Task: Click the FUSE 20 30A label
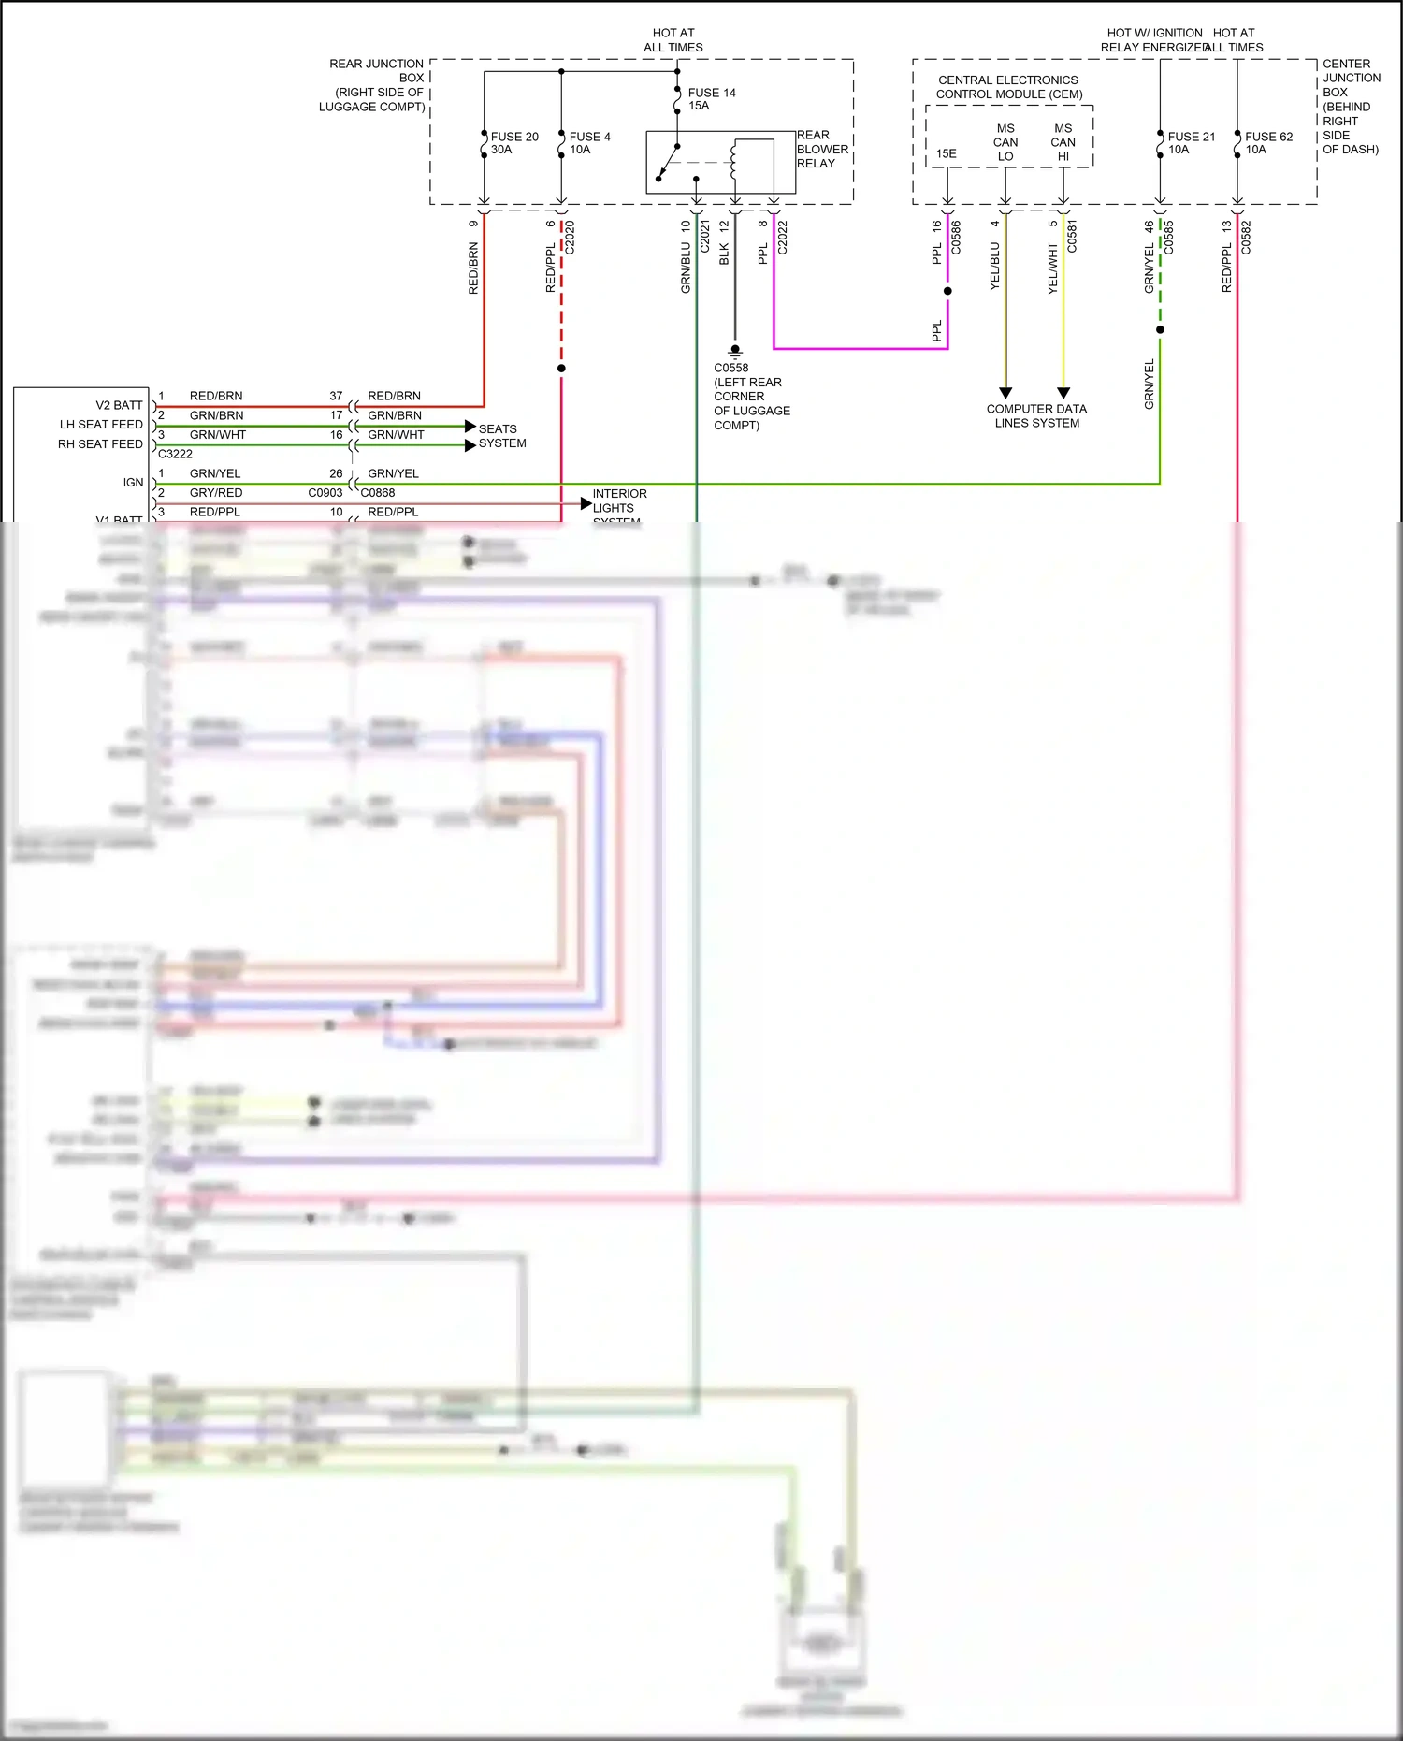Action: tap(513, 143)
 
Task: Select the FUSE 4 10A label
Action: tap(589, 143)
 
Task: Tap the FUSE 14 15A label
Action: tap(711, 99)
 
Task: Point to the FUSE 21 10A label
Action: tap(1191, 143)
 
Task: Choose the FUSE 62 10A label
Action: tap(1268, 143)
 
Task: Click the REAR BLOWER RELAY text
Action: tap(822, 150)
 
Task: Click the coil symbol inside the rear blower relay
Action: tap(734, 161)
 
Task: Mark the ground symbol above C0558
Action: tap(735, 352)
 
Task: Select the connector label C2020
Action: tap(571, 238)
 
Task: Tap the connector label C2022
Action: tap(783, 238)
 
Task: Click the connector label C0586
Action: tap(956, 238)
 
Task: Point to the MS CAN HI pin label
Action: tap(1063, 142)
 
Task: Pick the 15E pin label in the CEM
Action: tap(947, 154)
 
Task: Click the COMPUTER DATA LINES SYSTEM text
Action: tap(1036, 416)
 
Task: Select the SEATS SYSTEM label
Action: tap(502, 436)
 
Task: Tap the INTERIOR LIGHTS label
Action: tap(618, 501)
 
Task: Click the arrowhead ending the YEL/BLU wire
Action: tap(1005, 393)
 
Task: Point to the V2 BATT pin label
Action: tap(119, 405)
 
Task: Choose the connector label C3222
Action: tap(175, 454)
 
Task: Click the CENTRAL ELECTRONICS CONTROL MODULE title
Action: tap(1008, 87)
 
